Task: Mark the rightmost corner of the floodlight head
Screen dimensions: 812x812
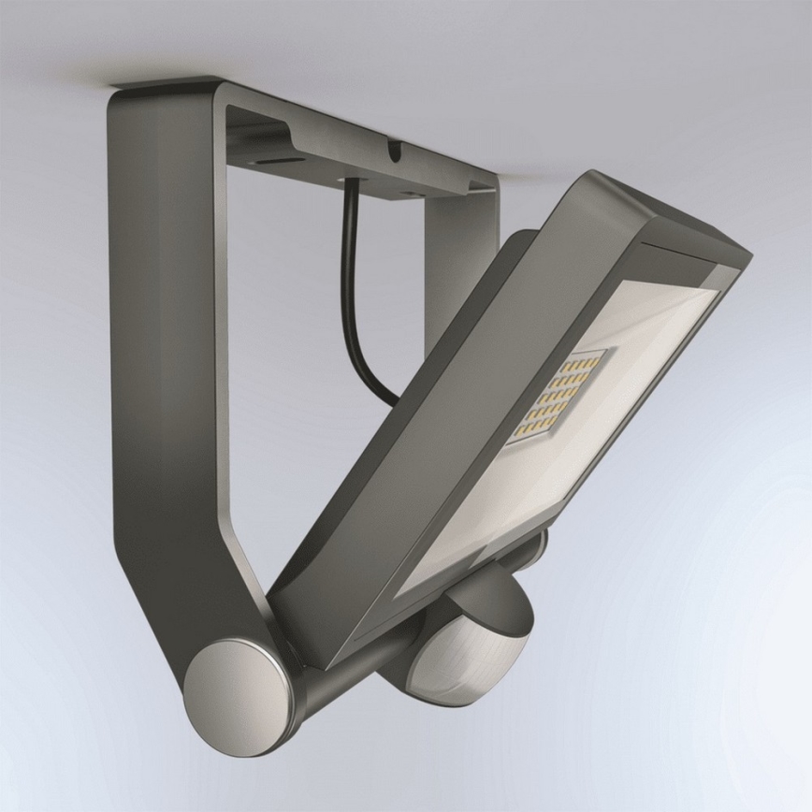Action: tap(749, 254)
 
